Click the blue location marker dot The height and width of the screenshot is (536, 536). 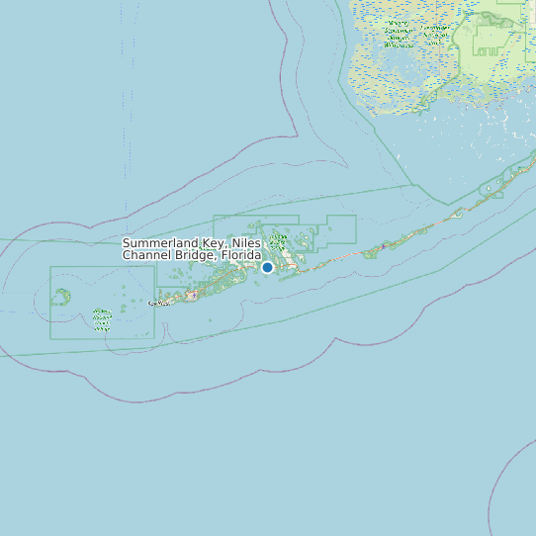coord(267,267)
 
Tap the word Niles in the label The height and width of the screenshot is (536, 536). coord(247,243)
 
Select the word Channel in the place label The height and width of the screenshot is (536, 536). coord(147,255)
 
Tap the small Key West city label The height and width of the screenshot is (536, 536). coord(158,303)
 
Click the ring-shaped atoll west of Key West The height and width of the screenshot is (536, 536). coord(61,296)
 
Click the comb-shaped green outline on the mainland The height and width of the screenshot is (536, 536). coord(491,39)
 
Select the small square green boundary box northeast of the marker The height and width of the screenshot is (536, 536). coord(340,228)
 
